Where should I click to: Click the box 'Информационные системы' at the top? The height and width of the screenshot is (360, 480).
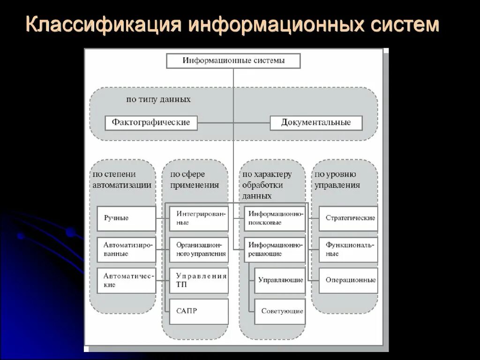click(233, 61)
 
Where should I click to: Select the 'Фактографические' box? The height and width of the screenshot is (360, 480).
click(151, 123)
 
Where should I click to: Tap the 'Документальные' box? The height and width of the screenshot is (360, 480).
click(316, 123)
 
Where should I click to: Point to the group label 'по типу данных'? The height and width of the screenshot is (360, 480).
click(158, 99)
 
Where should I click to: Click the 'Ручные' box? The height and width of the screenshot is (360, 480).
click(126, 218)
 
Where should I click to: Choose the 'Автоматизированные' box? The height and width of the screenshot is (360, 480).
click(126, 249)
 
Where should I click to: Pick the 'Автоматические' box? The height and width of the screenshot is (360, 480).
click(126, 280)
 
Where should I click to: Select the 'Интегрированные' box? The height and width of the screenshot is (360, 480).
click(199, 218)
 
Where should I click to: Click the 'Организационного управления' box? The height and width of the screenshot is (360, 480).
click(199, 249)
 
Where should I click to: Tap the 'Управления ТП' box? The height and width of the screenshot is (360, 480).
click(199, 280)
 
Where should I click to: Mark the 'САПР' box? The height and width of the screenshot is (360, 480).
click(199, 311)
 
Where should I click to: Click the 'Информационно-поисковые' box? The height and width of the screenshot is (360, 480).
click(274, 218)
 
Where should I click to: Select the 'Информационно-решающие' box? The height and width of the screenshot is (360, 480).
click(274, 249)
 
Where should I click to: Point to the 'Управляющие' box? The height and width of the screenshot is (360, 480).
click(280, 280)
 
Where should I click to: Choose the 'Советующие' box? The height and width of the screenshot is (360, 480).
click(280, 311)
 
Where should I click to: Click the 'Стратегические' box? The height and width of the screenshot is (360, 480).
click(348, 218)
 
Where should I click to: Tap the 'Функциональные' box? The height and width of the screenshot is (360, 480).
click(348, 249)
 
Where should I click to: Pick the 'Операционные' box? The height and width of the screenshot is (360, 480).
click(348, 280)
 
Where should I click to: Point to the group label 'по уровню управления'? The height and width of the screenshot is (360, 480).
click(337, 180)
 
